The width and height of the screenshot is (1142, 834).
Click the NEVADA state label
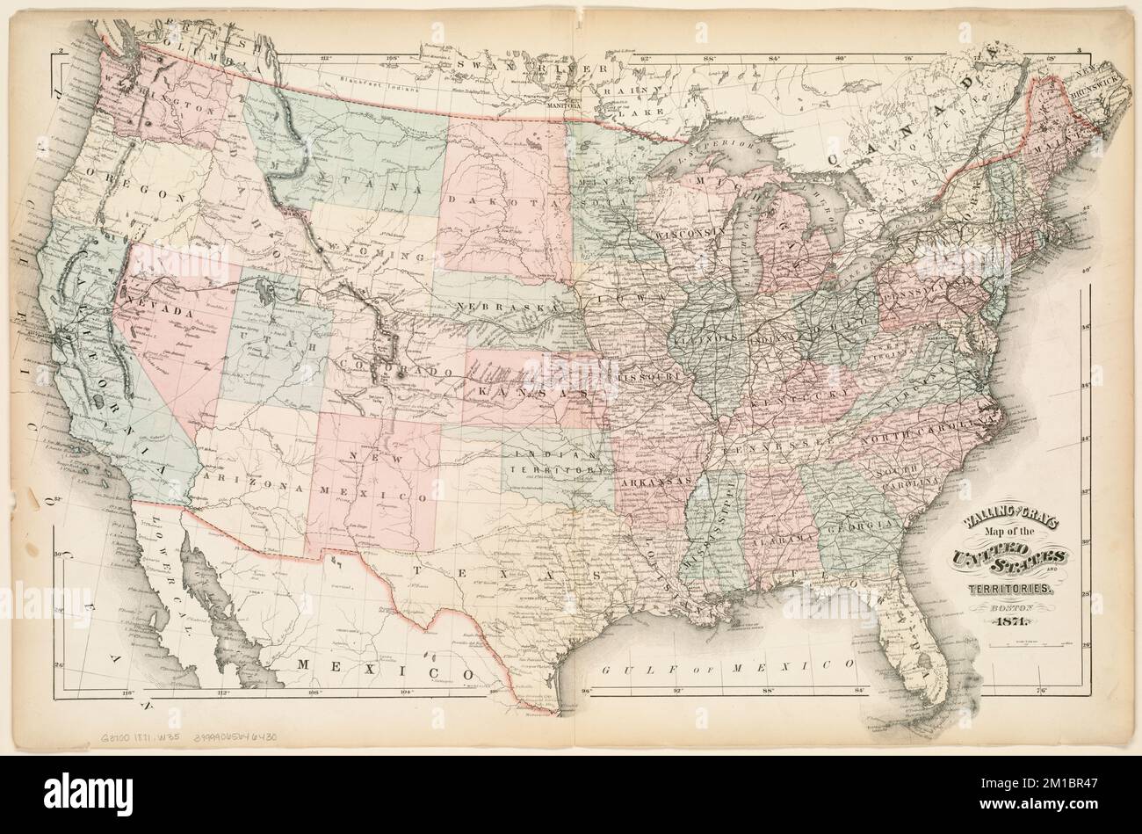[160, 313]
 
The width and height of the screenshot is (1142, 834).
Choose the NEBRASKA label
[502, 307]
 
